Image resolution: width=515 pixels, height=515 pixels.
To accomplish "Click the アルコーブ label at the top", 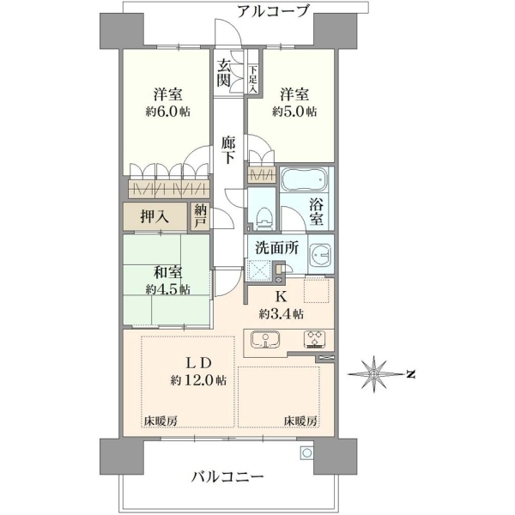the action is (273, 11).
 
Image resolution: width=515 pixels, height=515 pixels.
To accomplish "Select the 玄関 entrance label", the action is (224, 74).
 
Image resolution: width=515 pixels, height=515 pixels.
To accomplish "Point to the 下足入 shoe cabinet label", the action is (253, 79).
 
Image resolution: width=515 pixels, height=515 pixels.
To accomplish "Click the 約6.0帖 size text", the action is (168, 112).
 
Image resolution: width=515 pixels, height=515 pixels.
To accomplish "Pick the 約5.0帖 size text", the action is (294, 112).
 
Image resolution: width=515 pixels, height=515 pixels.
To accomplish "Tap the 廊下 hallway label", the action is (228, 149).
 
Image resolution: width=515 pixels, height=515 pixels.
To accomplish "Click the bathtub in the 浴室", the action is (305, 179).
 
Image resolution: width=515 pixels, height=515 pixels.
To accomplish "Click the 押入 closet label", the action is (154, 217).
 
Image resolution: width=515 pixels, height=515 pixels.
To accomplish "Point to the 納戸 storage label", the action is (200, 215).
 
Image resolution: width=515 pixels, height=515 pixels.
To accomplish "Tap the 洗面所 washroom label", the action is (277, 248).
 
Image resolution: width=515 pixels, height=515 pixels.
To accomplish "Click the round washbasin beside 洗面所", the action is (321, 255).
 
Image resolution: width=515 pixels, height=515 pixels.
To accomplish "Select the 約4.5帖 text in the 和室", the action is (168, 290).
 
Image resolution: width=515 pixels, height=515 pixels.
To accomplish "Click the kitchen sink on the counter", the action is (265, 339).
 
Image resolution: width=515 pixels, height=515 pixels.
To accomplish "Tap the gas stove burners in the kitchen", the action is (315, 339).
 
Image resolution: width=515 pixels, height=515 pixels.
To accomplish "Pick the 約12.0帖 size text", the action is (198, 380).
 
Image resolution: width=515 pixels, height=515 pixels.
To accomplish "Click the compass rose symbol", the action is (373, 374).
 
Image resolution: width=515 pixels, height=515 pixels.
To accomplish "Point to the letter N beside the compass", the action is (410, 374).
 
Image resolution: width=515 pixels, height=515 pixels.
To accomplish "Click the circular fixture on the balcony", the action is (307, 453).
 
